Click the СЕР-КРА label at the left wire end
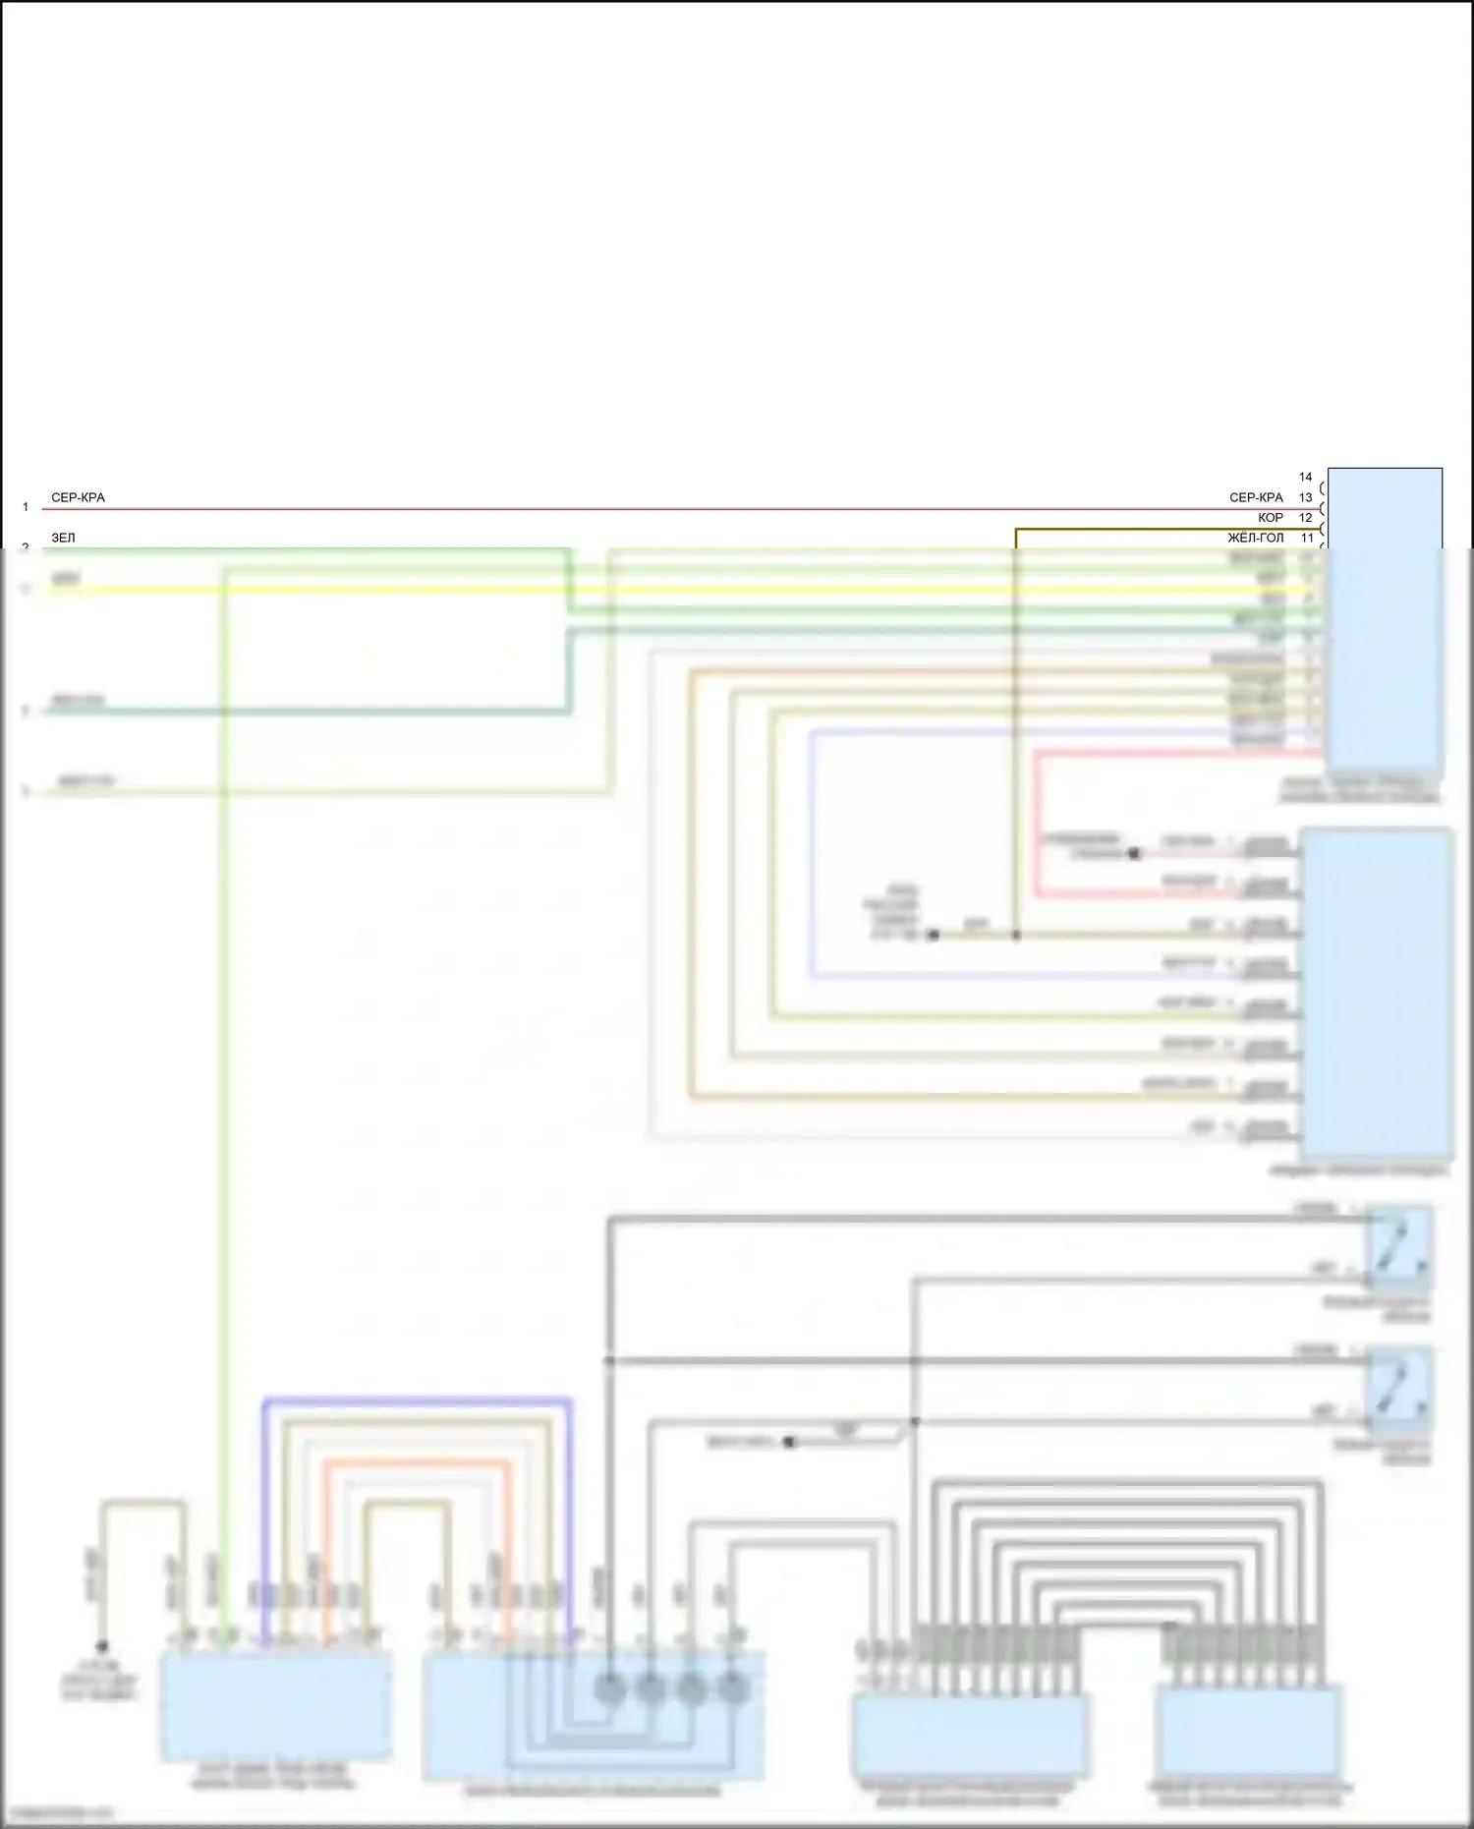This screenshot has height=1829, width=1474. [78, 497]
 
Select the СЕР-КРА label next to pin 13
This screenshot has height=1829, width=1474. [1256, 497]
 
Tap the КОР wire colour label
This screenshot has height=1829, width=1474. [1271, 517]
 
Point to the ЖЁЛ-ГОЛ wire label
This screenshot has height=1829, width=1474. [1255, 538]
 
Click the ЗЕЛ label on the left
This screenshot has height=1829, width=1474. [63, 538]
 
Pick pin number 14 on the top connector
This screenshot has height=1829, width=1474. [1305, 477]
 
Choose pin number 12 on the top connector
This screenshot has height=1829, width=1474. [1305, 517]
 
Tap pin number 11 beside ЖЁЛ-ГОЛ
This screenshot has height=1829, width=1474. [1307, 538]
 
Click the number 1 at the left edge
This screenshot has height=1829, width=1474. [26, 507]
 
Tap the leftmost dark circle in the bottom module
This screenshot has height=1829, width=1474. [609, 1688]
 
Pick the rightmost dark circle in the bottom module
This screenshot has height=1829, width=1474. [732, 1688]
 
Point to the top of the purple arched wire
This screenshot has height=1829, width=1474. [417, 1400]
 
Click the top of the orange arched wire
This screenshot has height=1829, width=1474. [417, 1462]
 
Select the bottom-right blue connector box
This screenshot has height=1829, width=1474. [1249, 1728]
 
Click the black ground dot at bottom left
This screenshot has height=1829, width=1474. [101, 1645]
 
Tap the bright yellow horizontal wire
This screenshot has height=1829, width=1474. [688, 590]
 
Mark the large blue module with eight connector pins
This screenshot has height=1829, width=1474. [1376, 993]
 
